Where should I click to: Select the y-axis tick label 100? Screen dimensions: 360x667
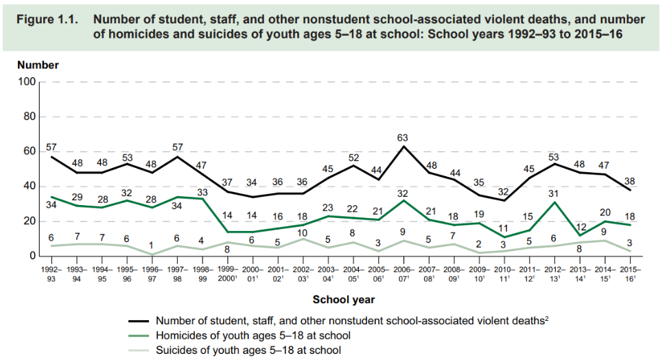27,82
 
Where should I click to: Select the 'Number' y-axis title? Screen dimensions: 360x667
38,65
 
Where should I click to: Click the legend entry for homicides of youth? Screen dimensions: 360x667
253,335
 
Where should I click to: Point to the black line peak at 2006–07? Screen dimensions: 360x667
404,146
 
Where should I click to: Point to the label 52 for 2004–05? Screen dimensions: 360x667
353,157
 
